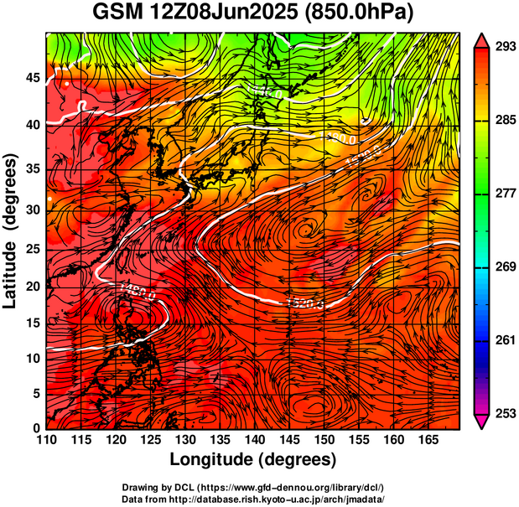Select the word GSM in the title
click(x=117, y=13)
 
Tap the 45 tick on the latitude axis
click(x=33, y=78)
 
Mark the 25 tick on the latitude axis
click(x=33, y=250)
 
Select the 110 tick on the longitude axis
click(x=46, y=441)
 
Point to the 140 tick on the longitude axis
click(x=253, y=441)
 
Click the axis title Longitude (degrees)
click(x=253, y=460)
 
